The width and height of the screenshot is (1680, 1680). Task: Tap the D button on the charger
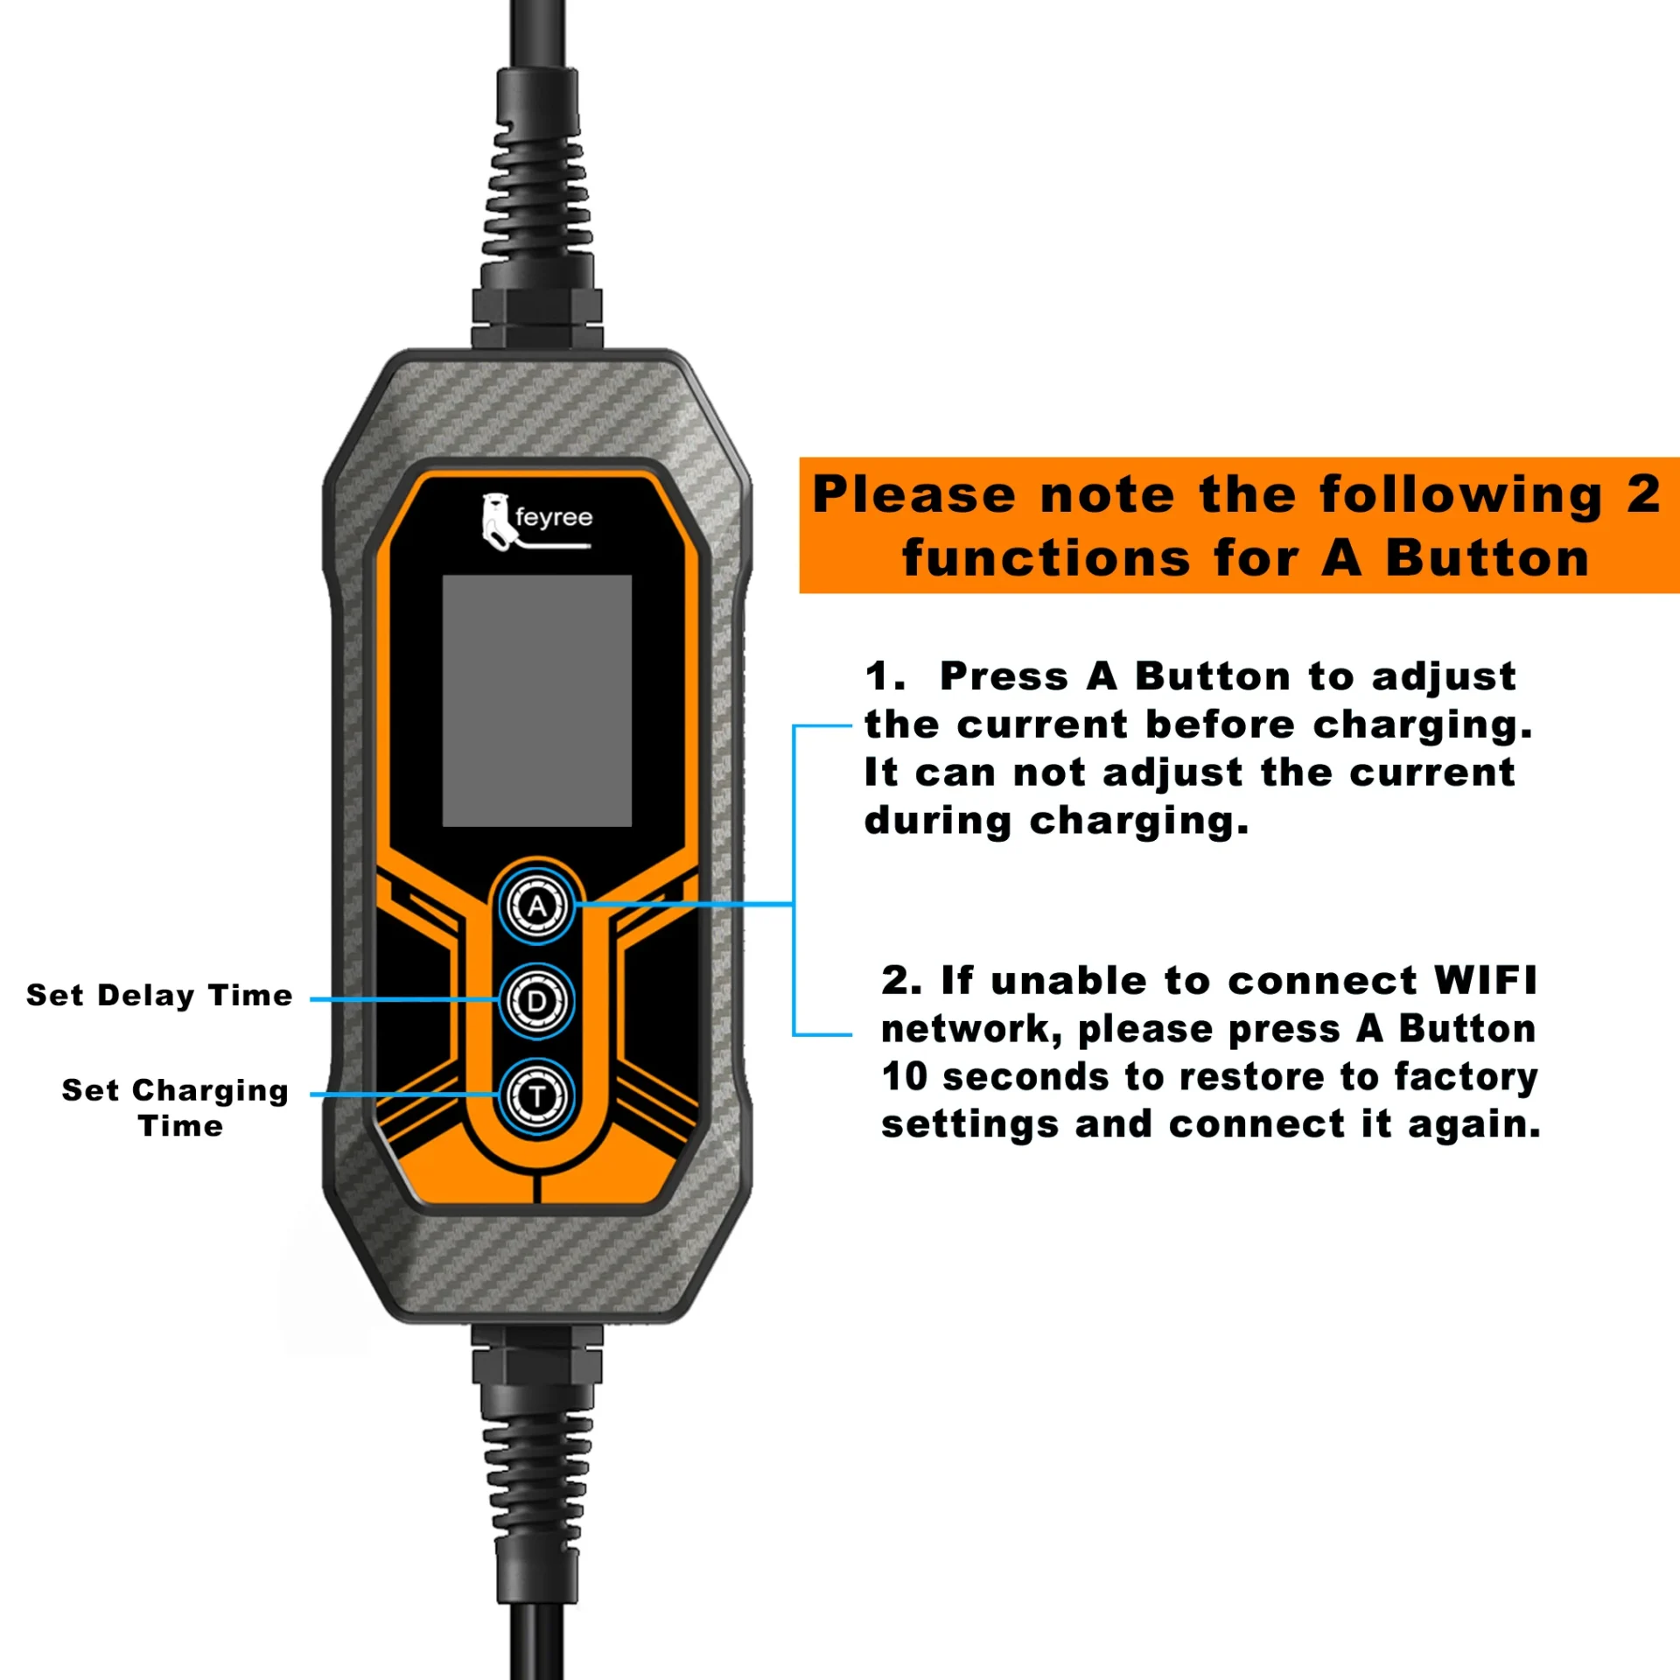(x=536, y=1001)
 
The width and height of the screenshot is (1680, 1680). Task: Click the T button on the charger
(x=536, y=1095)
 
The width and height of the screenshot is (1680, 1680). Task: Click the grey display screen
(x=536, y=700)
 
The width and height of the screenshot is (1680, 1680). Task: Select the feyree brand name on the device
(x=554, y=517)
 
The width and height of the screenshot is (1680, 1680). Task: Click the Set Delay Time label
(x=159, y=996)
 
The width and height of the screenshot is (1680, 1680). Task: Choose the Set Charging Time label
(x=175, y=1107)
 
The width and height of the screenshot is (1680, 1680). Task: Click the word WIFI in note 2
(x=1485, y=981)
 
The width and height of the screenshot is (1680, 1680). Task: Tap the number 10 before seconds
(x=904, y=1077)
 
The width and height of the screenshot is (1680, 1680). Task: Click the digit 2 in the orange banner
(x=1642, y=494)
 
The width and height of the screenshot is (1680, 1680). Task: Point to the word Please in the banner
(x=913, y=494)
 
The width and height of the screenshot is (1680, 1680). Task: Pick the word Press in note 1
(x=1004, y=676)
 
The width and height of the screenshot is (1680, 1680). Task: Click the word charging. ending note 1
(x=1138, y=822)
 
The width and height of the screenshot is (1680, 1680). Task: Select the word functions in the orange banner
(x=1046, y=558)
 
